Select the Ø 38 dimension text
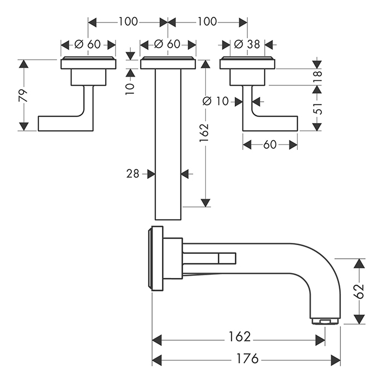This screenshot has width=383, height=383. [247, 44]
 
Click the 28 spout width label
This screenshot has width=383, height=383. [132, 173]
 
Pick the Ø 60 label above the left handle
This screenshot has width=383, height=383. [88, 44]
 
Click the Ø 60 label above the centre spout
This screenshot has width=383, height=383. [168, 44]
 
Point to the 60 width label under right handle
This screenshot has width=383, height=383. [270, 144]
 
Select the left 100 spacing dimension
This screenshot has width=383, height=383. [128, 22]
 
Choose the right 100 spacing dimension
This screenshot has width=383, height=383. [207, 22]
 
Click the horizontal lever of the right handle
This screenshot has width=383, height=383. [274, 123]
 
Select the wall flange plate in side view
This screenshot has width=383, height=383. [156, 257]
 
